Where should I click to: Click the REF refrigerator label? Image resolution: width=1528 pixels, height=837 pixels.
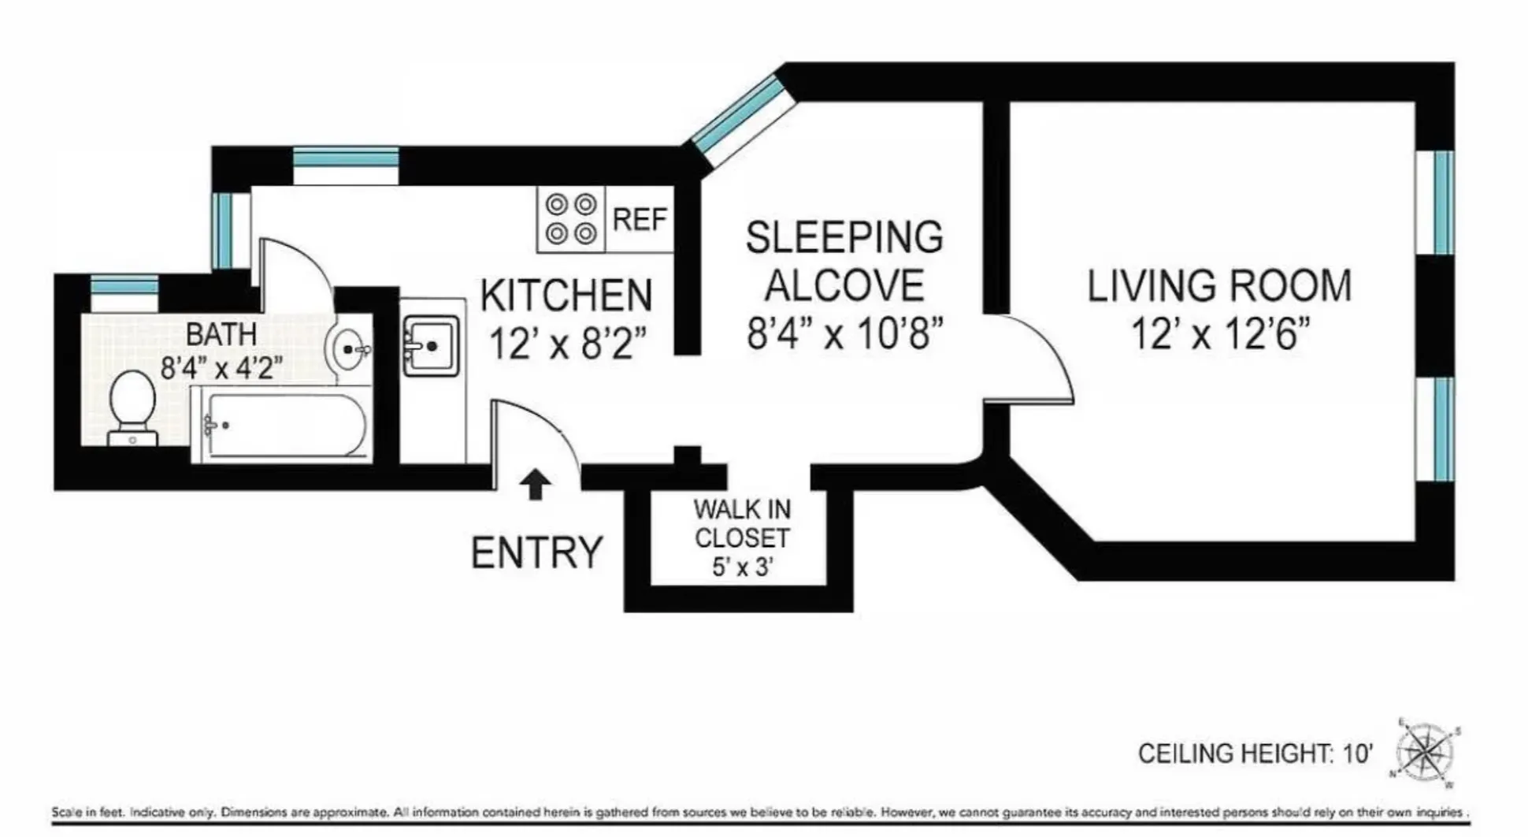click(x=640, y=219)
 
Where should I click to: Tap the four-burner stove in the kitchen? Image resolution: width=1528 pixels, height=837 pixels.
click(x=571, y=218)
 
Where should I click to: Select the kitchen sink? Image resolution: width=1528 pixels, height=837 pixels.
click(x=431, y=345)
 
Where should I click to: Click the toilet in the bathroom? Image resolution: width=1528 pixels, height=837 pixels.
click(x=132, y=406)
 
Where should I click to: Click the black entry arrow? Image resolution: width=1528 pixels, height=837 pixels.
click(x=536, y=484)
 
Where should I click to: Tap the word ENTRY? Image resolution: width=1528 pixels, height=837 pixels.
click(x=536, y=552)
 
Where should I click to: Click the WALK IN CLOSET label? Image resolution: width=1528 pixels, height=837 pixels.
click(x=741, y=523)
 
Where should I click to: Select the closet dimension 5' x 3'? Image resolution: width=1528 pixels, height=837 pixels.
click(x=741, y=566)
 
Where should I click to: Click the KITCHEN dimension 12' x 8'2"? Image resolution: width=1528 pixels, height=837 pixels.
click(x=567, y=344)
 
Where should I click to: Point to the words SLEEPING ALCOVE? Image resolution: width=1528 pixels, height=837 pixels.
click(x=844, y=261)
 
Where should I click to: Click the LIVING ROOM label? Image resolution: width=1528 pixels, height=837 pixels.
click(x=1218, y=285)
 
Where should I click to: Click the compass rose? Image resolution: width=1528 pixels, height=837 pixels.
click(x=1426, y=752)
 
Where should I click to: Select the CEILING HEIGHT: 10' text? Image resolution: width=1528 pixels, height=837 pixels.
click(x=1255, y=753)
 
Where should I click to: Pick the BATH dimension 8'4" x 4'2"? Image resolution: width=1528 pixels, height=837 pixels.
click(x=221, y=367)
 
